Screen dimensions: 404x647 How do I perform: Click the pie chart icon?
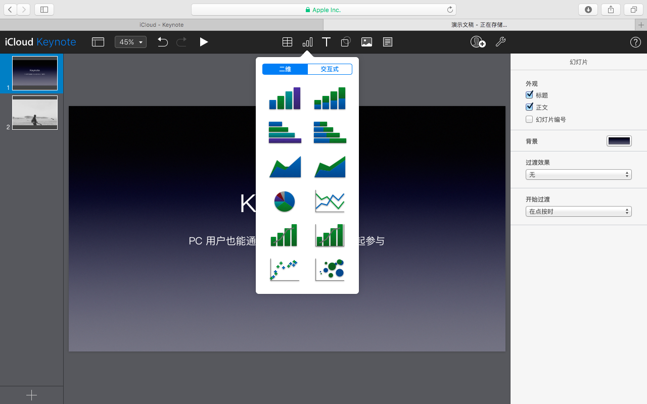pos(285,201)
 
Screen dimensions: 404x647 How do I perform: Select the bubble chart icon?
pos(330,269)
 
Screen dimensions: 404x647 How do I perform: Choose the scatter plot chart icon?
pos(285,269)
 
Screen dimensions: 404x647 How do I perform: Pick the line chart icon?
pos(330,201)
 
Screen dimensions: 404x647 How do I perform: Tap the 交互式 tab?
pos(330,69)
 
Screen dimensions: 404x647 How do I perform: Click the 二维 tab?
pos(285,69)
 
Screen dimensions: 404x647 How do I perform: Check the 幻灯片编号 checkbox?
pos(529,120)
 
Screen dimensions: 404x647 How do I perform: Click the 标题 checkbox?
pos(529,95)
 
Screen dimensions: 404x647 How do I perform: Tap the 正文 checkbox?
pos(529,107)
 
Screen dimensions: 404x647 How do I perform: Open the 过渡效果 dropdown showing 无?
pos(578,175)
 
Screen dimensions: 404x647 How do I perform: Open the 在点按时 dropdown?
pos(578,212)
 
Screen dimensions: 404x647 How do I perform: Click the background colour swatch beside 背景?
pos(619,141)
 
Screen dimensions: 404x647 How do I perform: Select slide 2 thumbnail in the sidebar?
pos(35,113)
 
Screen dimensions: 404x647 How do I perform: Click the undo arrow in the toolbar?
pos(162,42)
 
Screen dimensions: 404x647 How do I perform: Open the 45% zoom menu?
pos(130,42)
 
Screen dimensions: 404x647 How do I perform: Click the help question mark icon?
pos(635,42)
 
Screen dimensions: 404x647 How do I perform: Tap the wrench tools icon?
pos(500,42)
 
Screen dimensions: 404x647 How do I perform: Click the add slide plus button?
pos(31,395)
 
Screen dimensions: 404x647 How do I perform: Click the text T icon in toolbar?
pos(327,42)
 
